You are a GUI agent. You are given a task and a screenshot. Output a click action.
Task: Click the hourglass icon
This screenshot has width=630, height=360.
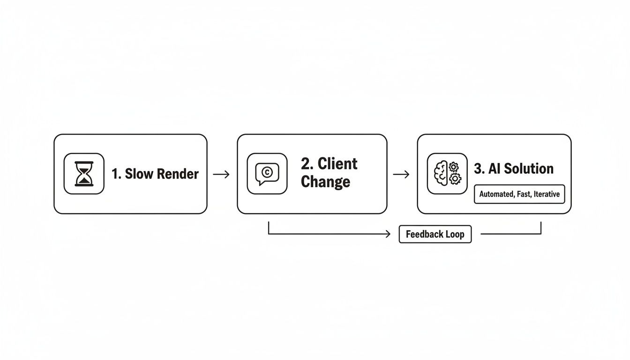pos(84,173)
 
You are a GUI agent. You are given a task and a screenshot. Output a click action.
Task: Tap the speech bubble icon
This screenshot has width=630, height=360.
pos(267,173)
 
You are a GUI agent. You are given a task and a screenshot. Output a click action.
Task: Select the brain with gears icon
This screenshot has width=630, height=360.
pos(447,173)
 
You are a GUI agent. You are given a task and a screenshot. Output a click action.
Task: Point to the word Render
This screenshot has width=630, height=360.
pos(178,174)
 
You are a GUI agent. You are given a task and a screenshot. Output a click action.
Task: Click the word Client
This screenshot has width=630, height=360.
pos(337,164)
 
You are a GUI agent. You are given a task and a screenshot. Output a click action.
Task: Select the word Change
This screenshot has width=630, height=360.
pos(325,181)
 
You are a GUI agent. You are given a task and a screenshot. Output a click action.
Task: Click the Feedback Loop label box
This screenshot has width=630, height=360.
pos(435,234)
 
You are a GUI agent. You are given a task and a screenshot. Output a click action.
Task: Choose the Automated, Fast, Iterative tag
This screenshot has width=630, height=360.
pos(519,194)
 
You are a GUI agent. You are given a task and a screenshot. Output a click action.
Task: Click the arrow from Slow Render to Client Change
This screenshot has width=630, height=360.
pos(221,174)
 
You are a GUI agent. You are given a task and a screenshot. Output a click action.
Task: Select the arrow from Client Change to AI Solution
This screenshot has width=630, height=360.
pos(401,174)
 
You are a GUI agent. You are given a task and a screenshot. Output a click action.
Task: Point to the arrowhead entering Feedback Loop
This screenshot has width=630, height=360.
pos(388,234)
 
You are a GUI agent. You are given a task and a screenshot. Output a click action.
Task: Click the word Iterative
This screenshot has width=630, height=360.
pos(546,194)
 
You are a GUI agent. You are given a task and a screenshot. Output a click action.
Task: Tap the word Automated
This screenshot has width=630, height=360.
pos(496,194)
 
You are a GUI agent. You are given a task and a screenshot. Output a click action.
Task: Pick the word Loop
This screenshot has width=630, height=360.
pos(454,234)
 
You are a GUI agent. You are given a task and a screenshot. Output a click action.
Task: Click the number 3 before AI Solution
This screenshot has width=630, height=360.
pos(478,169)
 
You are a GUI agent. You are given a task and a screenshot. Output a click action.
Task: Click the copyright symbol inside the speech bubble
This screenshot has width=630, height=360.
pos(266,172)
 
